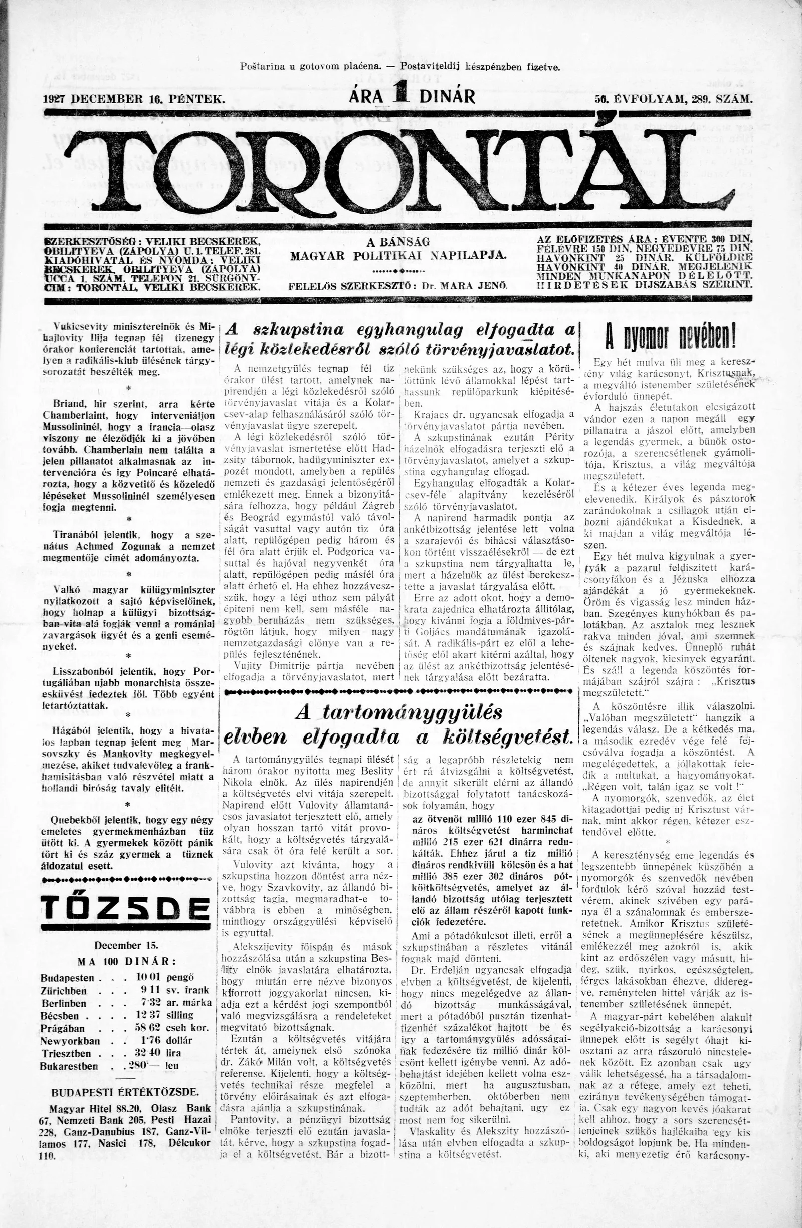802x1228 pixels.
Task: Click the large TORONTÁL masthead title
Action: (x=400, y=170)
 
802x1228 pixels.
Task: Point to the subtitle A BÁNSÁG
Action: (x=398, y=241)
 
